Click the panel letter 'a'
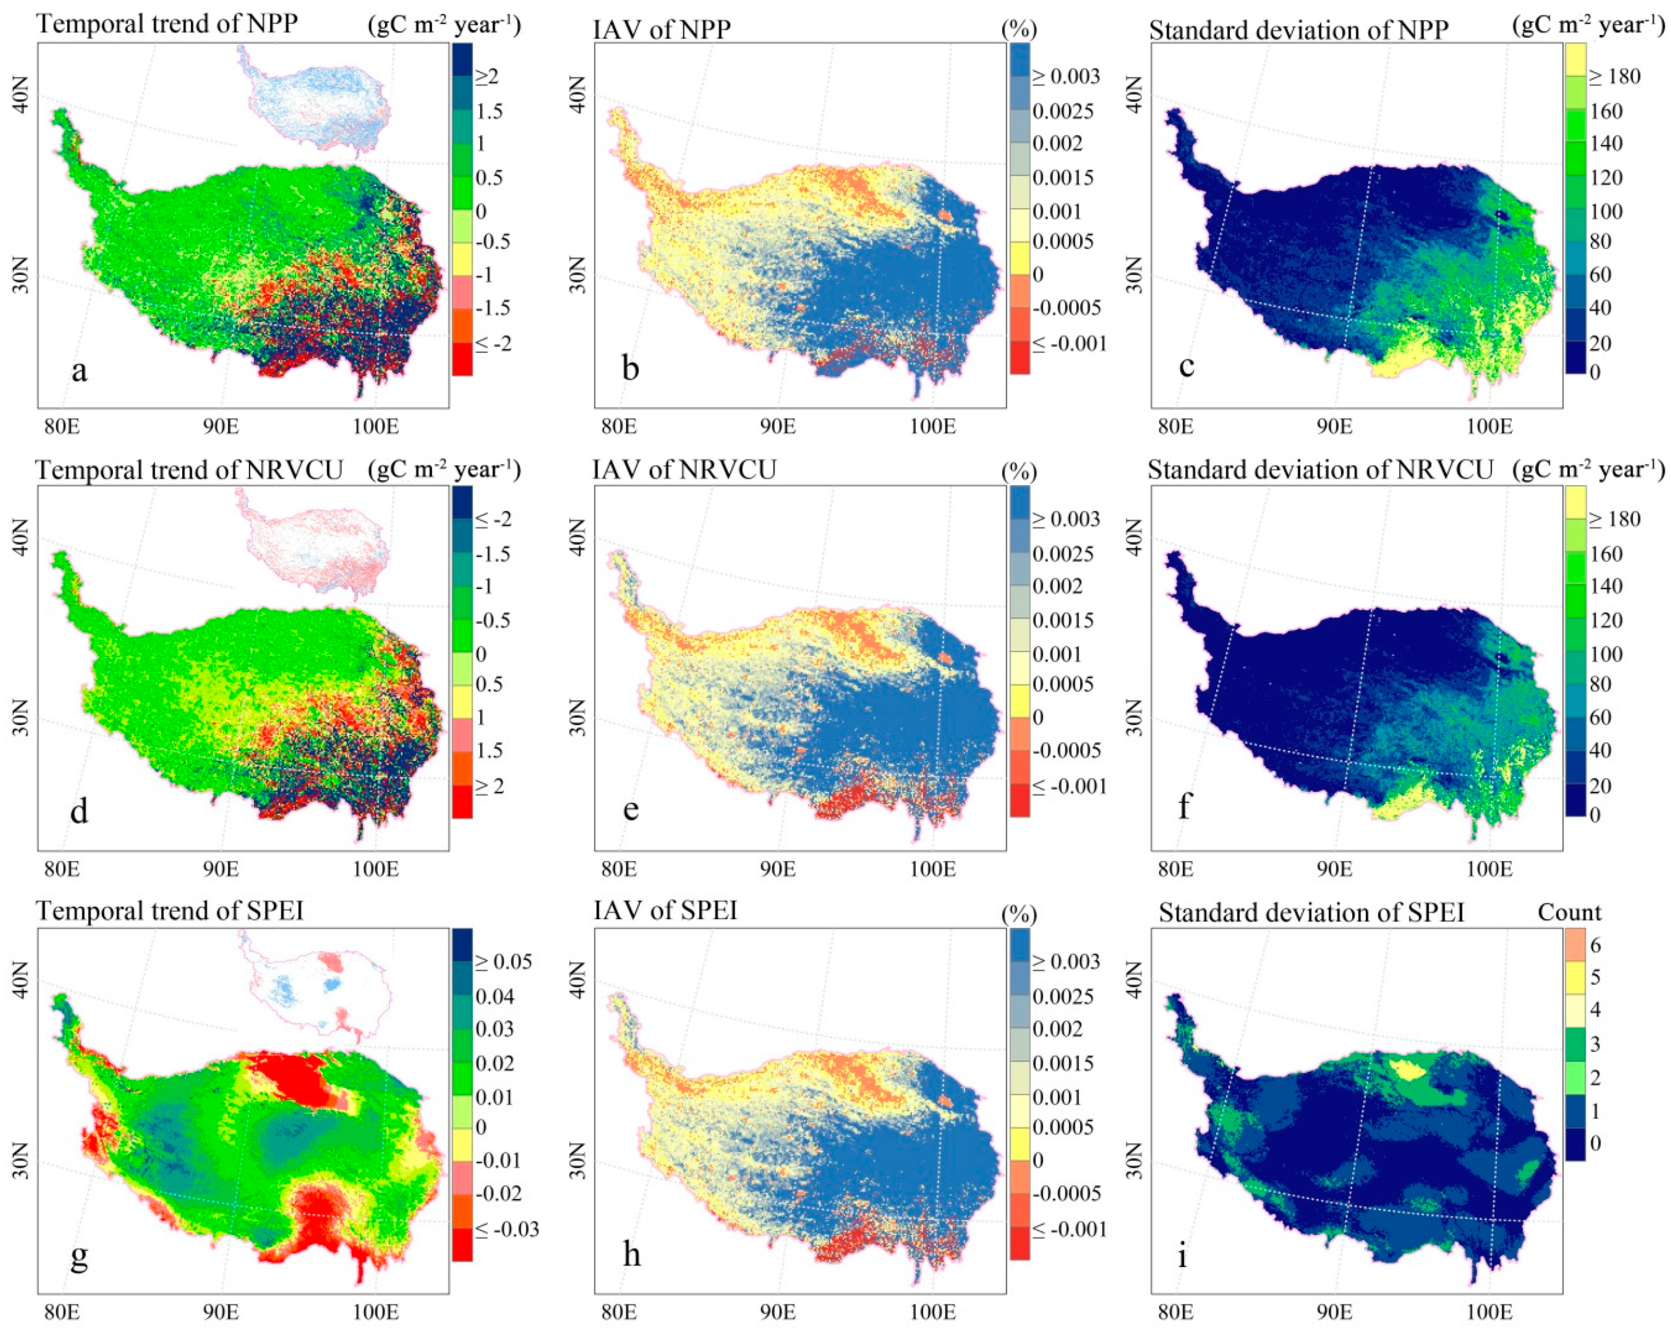79,370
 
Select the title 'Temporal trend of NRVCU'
189,471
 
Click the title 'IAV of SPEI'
665,910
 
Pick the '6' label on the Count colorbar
1594,945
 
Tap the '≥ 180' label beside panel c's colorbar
1614,77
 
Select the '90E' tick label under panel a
221,427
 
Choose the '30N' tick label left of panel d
20,718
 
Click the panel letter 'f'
1184,808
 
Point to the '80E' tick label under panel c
1175,427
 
